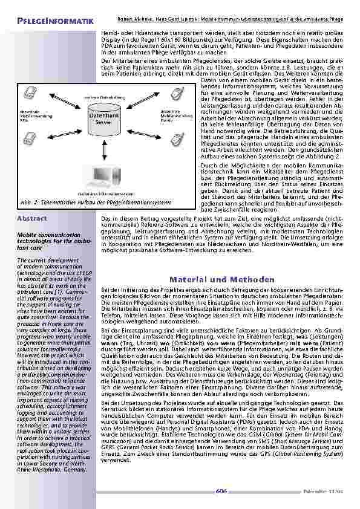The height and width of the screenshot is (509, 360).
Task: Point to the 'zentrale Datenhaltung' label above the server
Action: point(99,97)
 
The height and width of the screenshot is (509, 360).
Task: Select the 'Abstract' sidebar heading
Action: point(31,218)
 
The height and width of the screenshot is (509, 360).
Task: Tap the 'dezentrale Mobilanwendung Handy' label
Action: point(174,116)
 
